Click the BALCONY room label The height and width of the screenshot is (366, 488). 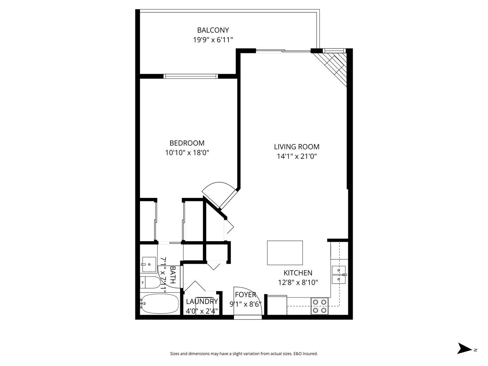click(213, 30)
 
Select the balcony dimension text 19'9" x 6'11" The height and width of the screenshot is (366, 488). click(213, 40)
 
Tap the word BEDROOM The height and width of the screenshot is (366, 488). click(187, 143)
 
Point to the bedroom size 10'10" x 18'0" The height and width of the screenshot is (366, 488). click(187, 153)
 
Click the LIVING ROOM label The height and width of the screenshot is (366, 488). click(296, 147)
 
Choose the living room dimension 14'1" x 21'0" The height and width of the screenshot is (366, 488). click(296, 156)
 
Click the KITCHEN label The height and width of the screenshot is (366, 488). click(298, 273)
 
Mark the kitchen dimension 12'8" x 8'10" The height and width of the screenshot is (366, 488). click(298, 282)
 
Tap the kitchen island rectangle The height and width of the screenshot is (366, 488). click(285, 253)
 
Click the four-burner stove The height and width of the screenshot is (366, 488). click(319, 306)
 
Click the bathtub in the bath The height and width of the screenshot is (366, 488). click(160, 304)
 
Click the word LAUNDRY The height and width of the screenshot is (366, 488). click(201, 302)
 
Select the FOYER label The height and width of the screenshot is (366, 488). click(245, 295)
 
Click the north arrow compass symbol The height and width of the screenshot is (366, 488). click(464, 348)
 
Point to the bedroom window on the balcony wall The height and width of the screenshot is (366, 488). click(190, 76)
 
